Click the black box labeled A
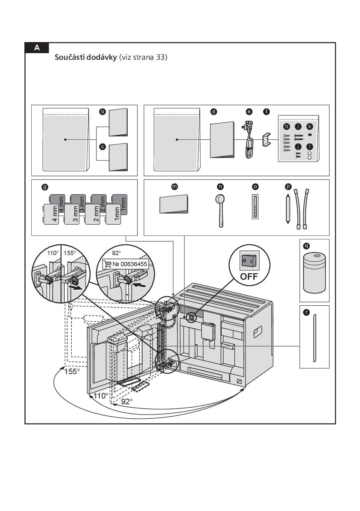click(37, 48)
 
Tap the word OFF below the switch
click(249, 276)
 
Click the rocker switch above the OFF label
click(249, 260)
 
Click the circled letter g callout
click(44, 187)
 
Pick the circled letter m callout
click(174, 187)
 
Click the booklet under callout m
click(174, 204)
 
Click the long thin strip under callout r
click(314, 338)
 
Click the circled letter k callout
click(310, 127)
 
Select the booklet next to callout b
click(118, 122)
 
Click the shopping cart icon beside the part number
click(108, 264)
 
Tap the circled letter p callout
click(288, 187)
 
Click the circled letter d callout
click(213, 112)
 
